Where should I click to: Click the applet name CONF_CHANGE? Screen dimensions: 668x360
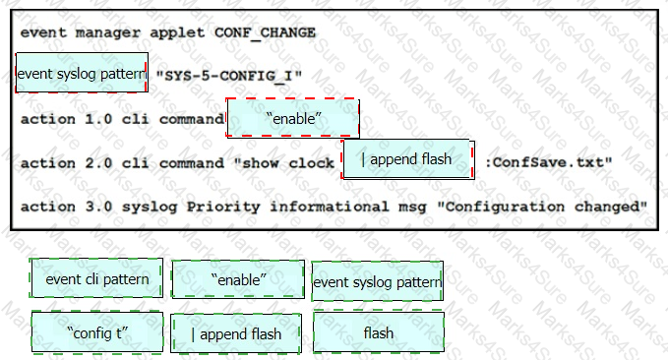(x=265, y=32)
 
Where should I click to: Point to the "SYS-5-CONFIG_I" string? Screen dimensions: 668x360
(x=229, y=76)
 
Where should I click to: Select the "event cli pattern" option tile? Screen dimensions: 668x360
(x=96, y=278)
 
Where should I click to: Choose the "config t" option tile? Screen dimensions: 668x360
(x=97, y=332)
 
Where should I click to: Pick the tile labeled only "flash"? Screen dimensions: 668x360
(x=379, y=332)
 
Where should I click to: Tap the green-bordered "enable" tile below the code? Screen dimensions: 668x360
(x=238, y=279)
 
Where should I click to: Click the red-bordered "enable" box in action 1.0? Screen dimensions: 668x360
(x=292, y=118)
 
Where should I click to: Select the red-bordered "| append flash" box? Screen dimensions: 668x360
(x=407, y=159)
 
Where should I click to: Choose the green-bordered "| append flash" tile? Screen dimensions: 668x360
(x=236, y=333)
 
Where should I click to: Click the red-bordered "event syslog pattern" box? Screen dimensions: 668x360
(x=82, y=73)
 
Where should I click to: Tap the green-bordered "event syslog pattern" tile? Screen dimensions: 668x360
(x=378, y=281)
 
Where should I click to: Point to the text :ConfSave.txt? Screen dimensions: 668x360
(x=549, y=162)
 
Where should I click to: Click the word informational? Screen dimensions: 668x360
(x=330, y=207)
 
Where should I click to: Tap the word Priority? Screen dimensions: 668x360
(x=223, y=208)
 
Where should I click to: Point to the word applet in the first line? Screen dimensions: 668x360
(x=177, y=33)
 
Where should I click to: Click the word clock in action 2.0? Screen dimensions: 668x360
(x=312, y=162)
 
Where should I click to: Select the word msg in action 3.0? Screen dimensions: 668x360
(x=412, y=208)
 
